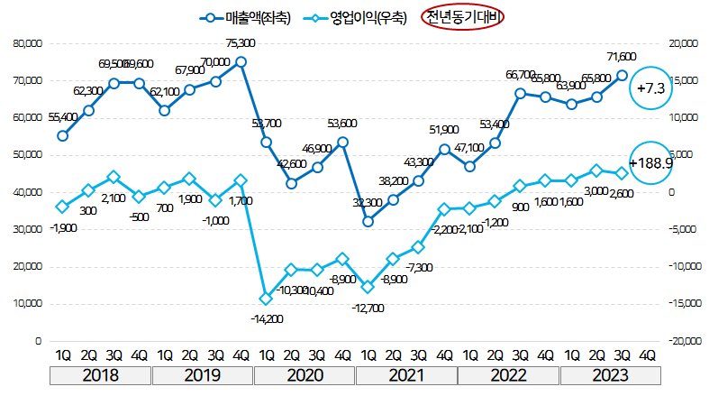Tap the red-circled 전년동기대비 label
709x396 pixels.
tap(464, 16)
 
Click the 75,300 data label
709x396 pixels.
tap(241, 43)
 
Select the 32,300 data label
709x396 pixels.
tap(368, 203)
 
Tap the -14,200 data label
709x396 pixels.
tap(266, 318)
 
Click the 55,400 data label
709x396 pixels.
tap(62, 116)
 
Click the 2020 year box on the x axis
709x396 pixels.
tap(305, 373)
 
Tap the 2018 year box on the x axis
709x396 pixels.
tap(101, 373)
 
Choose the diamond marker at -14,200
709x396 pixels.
tap(266, 299)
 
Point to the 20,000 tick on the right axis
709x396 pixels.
tap(678, 42)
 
